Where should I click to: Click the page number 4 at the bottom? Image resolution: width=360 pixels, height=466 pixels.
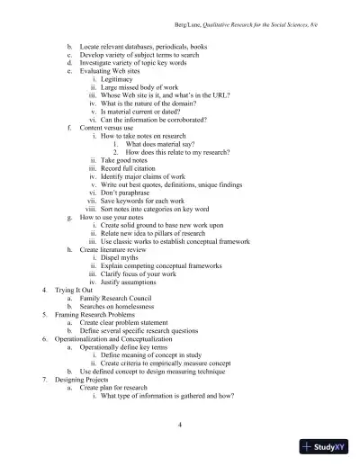pos(181,425)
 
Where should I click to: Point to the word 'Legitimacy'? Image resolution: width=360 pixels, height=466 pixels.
pos(121,79)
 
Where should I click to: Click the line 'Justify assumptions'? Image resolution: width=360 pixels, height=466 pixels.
pos(136,282)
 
